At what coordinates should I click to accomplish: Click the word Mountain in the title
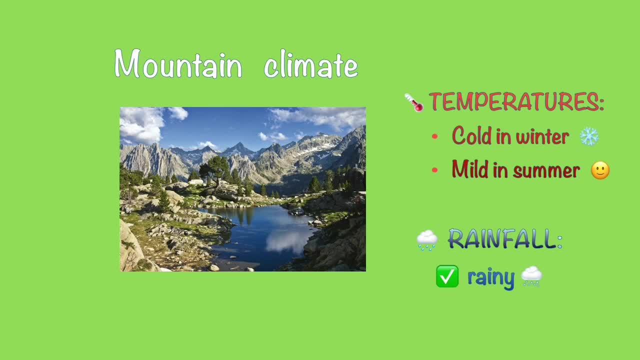tap(178, 63)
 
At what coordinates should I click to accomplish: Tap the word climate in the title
tap(311, 64)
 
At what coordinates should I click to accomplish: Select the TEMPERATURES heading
tap(516, 101)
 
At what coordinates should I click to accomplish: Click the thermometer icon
tap(414, 102)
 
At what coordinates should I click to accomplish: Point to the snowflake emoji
tap(589, 136)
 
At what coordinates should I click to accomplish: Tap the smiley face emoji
tap(600, 170)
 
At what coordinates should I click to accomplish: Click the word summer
tap(546, 171)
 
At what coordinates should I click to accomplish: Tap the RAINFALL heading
tap(505, 239)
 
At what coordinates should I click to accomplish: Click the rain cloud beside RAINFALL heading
tap(427, 240)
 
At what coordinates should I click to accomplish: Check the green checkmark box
tap(447, 276)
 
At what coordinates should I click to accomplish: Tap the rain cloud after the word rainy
tap(531, 276)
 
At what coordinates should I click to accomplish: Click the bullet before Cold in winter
tap(435, 136)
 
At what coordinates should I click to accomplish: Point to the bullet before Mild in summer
tap(435, 170)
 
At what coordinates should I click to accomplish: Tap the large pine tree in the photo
tap(215, 170)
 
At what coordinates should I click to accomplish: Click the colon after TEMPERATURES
tap(602, 103)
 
